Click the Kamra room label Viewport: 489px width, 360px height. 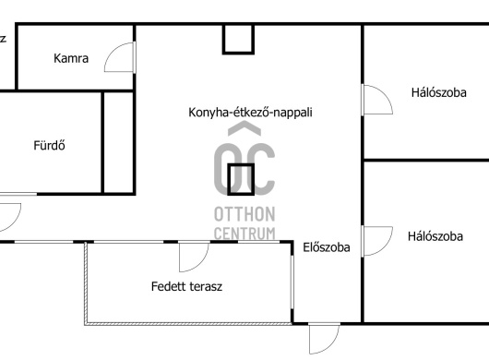pos(71,58)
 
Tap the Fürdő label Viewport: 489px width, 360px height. pos(49,145)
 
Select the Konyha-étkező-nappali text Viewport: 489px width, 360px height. pos(250,113)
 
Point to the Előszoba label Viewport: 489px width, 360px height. pos(327,247)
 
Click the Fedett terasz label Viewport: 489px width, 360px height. pos(186,286)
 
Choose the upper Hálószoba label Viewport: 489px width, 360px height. pos(439,92)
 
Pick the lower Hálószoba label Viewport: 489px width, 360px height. pos(435,236)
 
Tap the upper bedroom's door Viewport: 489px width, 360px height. pos(382,93)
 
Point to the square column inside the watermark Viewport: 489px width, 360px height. pos(241,180)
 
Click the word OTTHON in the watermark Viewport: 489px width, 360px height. pos(244,214)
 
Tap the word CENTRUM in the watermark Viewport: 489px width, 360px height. pos(244,233)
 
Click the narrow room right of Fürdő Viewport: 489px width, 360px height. pos(118,142)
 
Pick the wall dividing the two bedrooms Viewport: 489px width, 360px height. pos(426,161)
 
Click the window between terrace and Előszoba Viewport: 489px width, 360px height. pos(292,282)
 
